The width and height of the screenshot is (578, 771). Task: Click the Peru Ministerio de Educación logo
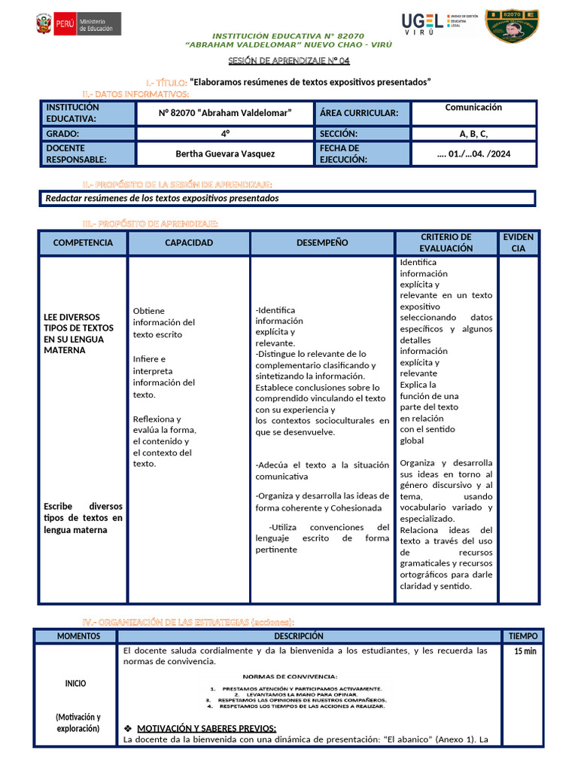(78, 24)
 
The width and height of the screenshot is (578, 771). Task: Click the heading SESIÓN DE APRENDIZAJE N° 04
(289, 62)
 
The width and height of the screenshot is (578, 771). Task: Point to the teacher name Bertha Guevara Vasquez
(225, 154)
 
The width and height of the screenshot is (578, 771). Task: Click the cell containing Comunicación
(473, 108)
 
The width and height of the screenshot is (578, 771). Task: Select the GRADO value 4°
(225, 134)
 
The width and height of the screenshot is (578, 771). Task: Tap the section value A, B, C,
(473, 134)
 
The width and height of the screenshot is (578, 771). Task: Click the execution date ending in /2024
(473, 154)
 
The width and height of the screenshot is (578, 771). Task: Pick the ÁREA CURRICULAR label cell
(364, 113)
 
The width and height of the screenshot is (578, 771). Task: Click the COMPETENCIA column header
(83, 242)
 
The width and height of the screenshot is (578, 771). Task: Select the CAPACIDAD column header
(189, 242)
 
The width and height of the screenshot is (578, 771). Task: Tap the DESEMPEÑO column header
(322, 242)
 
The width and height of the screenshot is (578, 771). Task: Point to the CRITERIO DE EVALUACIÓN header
(446, 242)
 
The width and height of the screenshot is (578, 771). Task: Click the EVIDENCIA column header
(518, 242)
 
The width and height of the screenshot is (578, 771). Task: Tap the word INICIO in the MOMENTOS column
(75, 684)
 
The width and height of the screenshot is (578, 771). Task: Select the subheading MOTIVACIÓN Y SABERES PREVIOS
(206, 728)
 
